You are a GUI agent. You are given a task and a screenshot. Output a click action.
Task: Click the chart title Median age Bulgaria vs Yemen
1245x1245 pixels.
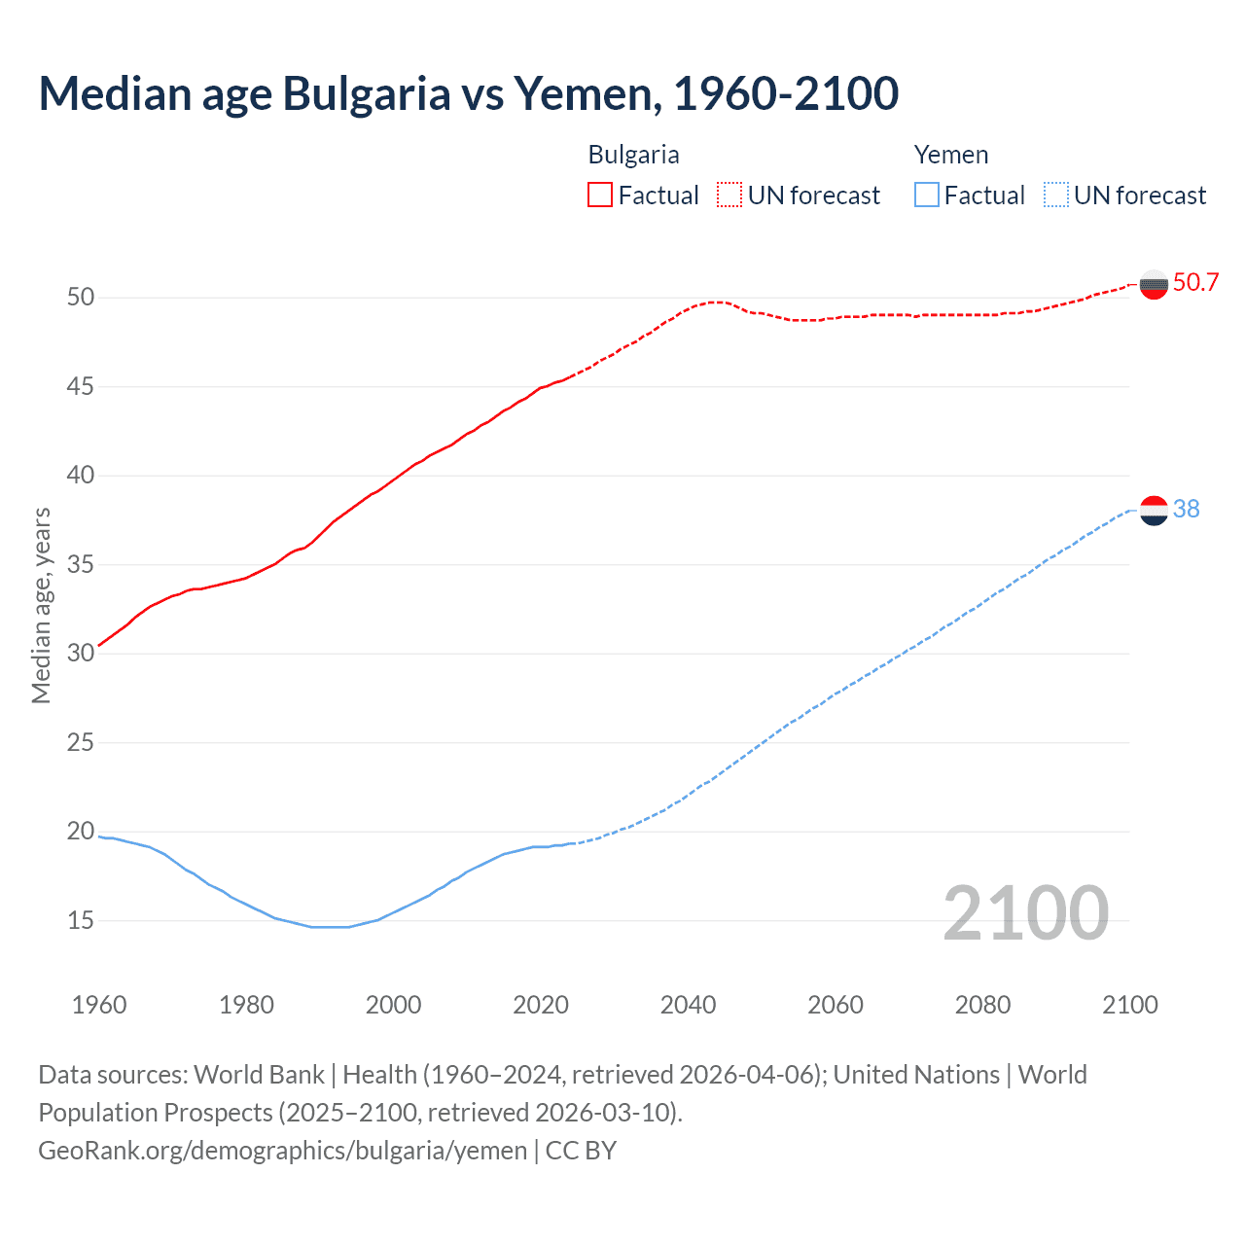(468, 93)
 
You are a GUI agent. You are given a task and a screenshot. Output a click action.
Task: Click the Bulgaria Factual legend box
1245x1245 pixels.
(600, 196)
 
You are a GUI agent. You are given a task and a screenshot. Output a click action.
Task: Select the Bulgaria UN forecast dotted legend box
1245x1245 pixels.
(729, 196)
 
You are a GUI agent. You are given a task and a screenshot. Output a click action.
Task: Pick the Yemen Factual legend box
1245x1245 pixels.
(926, 196)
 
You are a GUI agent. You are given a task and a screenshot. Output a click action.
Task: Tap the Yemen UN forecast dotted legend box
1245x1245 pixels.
(1055, 196)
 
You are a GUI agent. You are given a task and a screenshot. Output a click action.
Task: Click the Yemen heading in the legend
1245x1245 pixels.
(950, 155)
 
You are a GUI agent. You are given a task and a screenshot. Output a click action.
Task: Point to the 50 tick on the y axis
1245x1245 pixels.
(81, 298)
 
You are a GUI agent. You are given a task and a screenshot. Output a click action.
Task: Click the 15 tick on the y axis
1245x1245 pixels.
(81, 920)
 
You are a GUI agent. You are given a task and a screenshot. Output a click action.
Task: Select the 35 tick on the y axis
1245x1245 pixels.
(81, 564)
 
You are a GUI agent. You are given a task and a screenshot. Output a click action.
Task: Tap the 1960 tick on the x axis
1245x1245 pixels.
(99, 1005)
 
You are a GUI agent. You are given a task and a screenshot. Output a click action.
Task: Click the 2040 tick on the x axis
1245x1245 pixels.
(688, 1005)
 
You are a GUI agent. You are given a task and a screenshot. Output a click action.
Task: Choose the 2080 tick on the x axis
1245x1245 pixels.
(982, 1005)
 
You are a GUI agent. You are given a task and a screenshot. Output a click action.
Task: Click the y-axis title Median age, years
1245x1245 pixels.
(41, 605)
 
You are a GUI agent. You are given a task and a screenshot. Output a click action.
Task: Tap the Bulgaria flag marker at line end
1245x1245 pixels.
(1154, 285)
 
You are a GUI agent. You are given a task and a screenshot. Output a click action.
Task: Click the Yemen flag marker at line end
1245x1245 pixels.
(1154, 510)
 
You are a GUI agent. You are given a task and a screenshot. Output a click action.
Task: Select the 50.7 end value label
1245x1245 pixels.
(1195, 283)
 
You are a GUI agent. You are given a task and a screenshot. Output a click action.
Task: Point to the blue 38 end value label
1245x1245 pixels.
(1186, 510)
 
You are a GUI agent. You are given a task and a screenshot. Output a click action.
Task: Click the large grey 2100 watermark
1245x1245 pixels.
(1025, 912)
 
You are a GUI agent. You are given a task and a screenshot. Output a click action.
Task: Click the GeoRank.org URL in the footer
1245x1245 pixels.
(282, 1151)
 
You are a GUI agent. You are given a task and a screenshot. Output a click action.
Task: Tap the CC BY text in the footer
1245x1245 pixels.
(581, 1151)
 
